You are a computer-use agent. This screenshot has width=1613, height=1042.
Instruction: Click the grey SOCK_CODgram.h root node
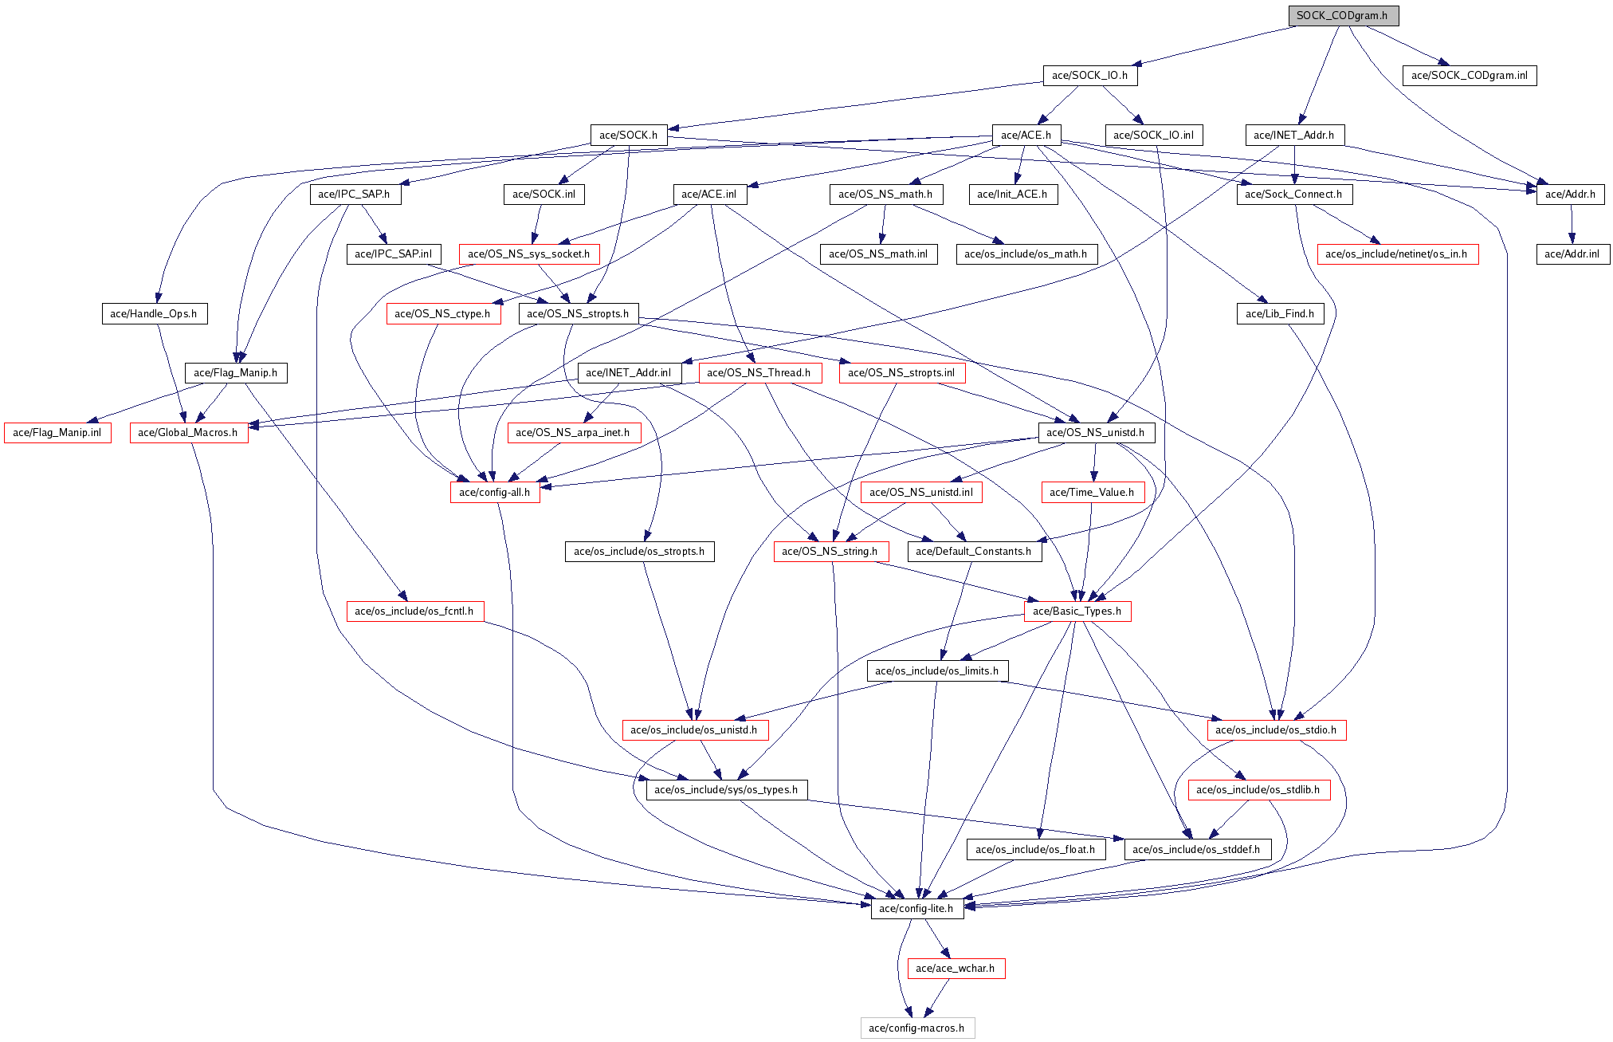(x=1342, y=16)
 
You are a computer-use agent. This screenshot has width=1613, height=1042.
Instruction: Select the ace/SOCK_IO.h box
(x=1089, y=76)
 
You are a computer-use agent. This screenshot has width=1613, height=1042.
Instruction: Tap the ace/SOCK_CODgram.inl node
(x=1469, y=76)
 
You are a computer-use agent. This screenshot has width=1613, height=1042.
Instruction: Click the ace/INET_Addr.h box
(x=1294, y=136)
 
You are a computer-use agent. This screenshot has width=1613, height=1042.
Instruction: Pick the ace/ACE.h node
(x=1026, y=136)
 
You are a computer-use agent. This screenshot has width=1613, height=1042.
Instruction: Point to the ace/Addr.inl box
(x=1572, y=254)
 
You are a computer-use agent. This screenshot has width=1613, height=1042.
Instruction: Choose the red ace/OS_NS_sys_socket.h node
(x=529, y=254)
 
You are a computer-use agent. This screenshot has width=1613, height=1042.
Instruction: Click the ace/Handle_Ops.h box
(x=154, y=314)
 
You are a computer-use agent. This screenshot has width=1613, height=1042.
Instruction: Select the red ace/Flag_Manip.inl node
(x=57, y=433)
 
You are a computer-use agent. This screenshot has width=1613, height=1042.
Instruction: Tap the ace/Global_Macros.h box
(x=188, y=433)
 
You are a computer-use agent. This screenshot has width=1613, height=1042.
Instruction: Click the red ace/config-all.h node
(x=494, y=493)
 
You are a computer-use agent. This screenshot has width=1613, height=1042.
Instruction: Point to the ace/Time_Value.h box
(x=1092, y=493)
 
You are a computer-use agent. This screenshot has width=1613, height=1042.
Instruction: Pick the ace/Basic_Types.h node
(x=1077, y=611)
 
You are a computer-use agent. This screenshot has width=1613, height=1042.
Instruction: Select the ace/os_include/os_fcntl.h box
(x=414, y=611)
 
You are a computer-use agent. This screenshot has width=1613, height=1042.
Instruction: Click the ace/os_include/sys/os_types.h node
(x=726, y=790)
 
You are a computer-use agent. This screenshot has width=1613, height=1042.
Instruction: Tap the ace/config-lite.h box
(x=916, y=909)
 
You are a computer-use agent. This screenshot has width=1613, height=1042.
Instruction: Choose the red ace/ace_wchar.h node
(x=956, y=969)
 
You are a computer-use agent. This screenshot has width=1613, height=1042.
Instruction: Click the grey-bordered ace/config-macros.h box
(x=916, y=1028)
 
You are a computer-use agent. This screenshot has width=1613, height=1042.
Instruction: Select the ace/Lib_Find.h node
(x=1280, y=314)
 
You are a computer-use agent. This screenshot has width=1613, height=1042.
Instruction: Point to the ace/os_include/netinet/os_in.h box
(x=1397, y=254)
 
